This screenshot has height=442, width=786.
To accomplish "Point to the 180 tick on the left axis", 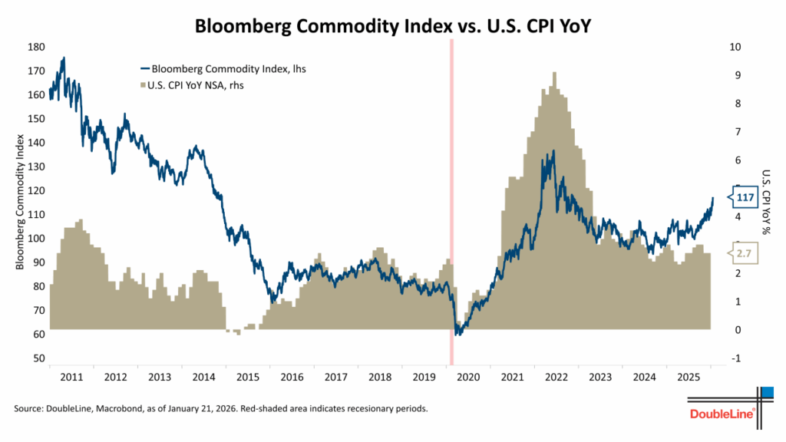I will click(x=35, y=47).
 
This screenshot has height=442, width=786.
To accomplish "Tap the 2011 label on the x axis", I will click(x=71, y=378).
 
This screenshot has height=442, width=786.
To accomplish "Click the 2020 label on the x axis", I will click(x=467, y=378).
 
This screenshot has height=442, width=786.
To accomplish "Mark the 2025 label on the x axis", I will click(x=688, y=378).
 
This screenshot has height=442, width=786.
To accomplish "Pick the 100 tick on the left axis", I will click(x=35, y=239).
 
